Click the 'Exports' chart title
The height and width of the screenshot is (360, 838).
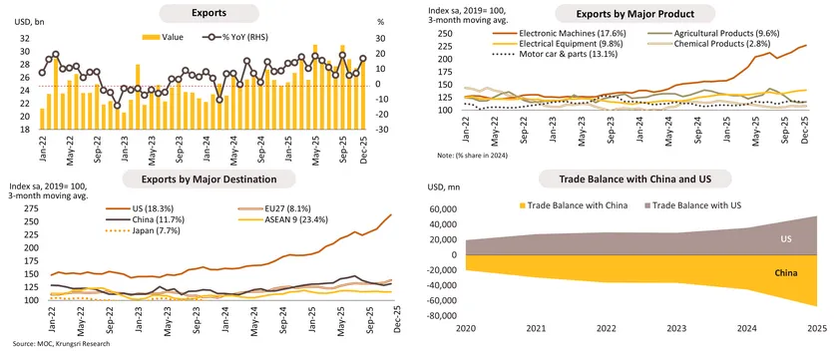coord(210,14)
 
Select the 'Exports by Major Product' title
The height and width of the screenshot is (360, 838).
coord(635,14)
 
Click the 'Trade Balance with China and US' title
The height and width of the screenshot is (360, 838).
coord(635,179)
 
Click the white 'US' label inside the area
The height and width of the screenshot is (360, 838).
coord(785,240)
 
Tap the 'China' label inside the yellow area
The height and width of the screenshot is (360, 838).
coord(785,271)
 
